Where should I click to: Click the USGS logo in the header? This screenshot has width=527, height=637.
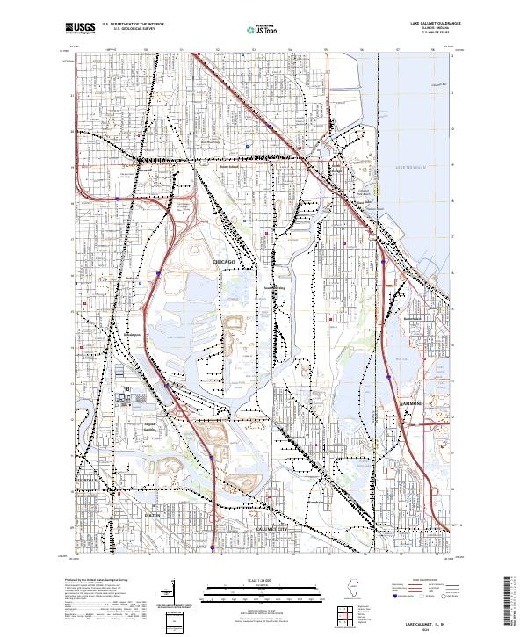80,29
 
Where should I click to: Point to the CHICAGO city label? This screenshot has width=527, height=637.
223,263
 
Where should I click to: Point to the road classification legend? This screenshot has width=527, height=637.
422,590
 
